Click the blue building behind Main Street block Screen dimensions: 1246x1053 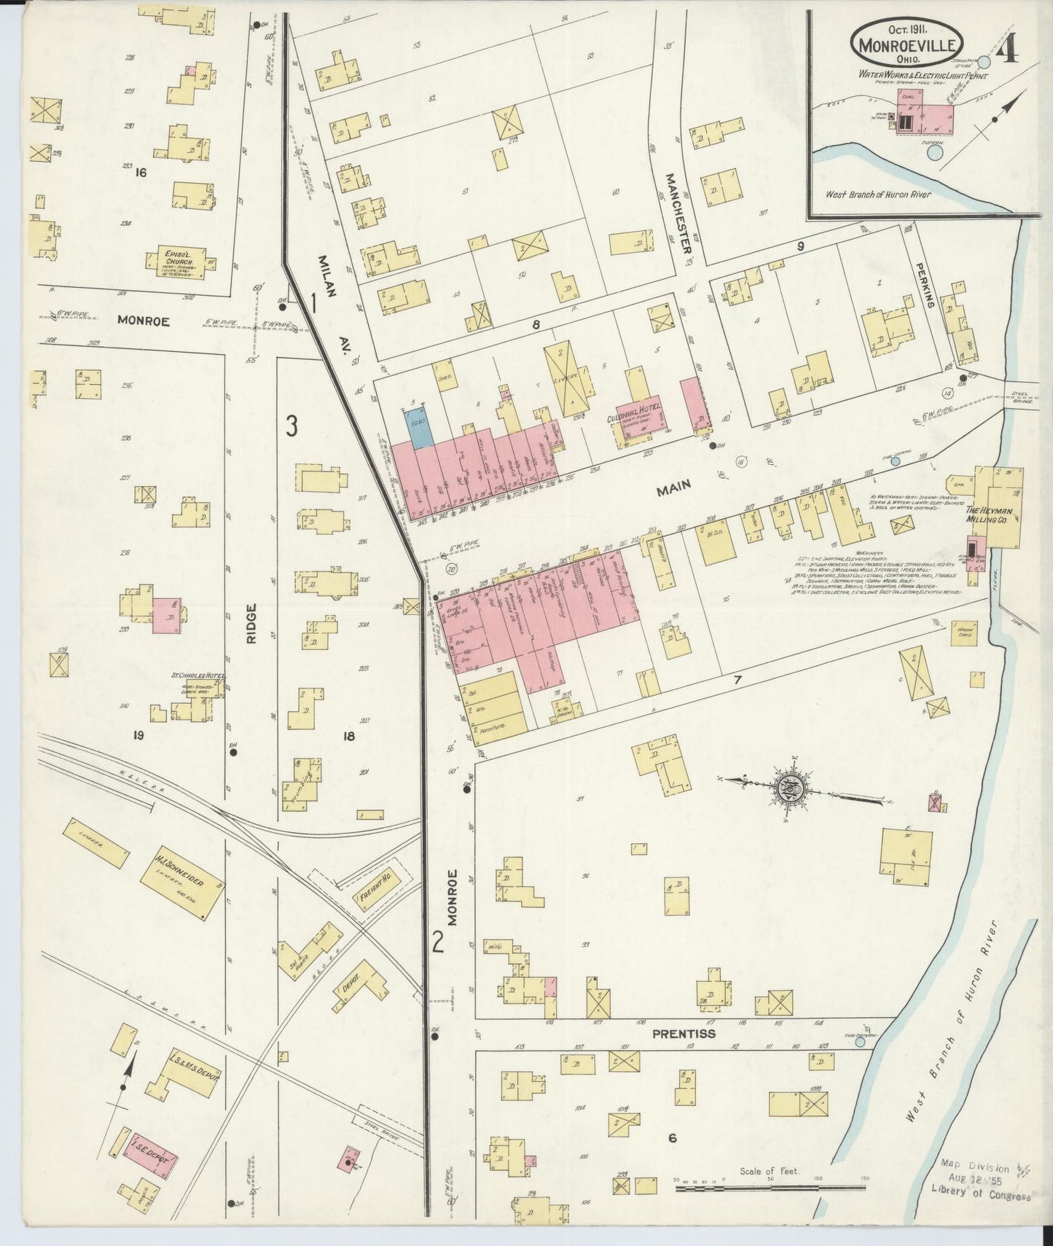tap(418, 426)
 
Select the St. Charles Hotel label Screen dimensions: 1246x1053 tap(198, 675)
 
